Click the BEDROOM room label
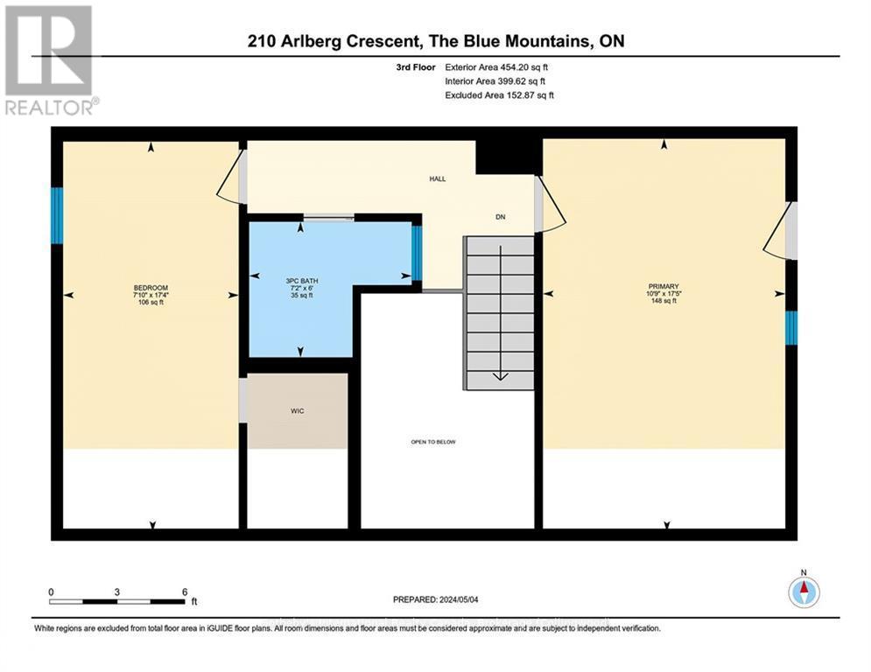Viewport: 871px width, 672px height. click(150, 289)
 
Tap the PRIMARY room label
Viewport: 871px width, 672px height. click(664, 285)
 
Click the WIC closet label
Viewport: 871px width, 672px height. click(297, 410)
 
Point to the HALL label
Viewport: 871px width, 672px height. click(437, 178)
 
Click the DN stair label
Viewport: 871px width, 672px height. click(500, 217)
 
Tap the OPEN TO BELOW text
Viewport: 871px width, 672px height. click(433, 442)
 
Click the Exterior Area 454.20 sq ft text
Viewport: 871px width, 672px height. click(496, 66)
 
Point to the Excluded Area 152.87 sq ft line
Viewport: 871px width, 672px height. click(499, 94)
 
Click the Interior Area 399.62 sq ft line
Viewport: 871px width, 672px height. click(496, 80)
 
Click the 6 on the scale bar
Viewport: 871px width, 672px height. click(184, 591)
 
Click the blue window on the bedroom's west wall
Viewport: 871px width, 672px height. click(57, 215)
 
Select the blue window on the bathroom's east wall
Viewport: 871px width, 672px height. click(417, 251)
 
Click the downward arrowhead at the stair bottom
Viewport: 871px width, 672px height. click(500, 376)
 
